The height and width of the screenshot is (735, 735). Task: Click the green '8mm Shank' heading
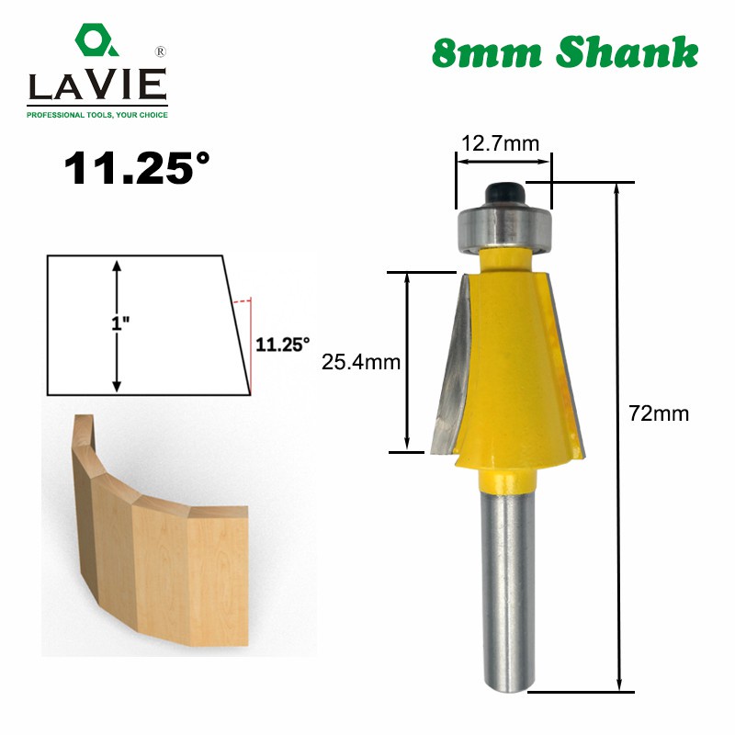pyautogui.click(x=564, y=52)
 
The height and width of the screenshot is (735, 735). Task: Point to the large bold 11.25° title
pyautogui.click(x=136, y=170)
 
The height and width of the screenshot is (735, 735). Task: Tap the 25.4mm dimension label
pyautogui.click(x=361, y=362)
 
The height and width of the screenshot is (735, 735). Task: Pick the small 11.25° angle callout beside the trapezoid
pyautogui.click(x=282, y=345)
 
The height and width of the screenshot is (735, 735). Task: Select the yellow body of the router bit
pyautogui.click(x=510, y=367)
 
